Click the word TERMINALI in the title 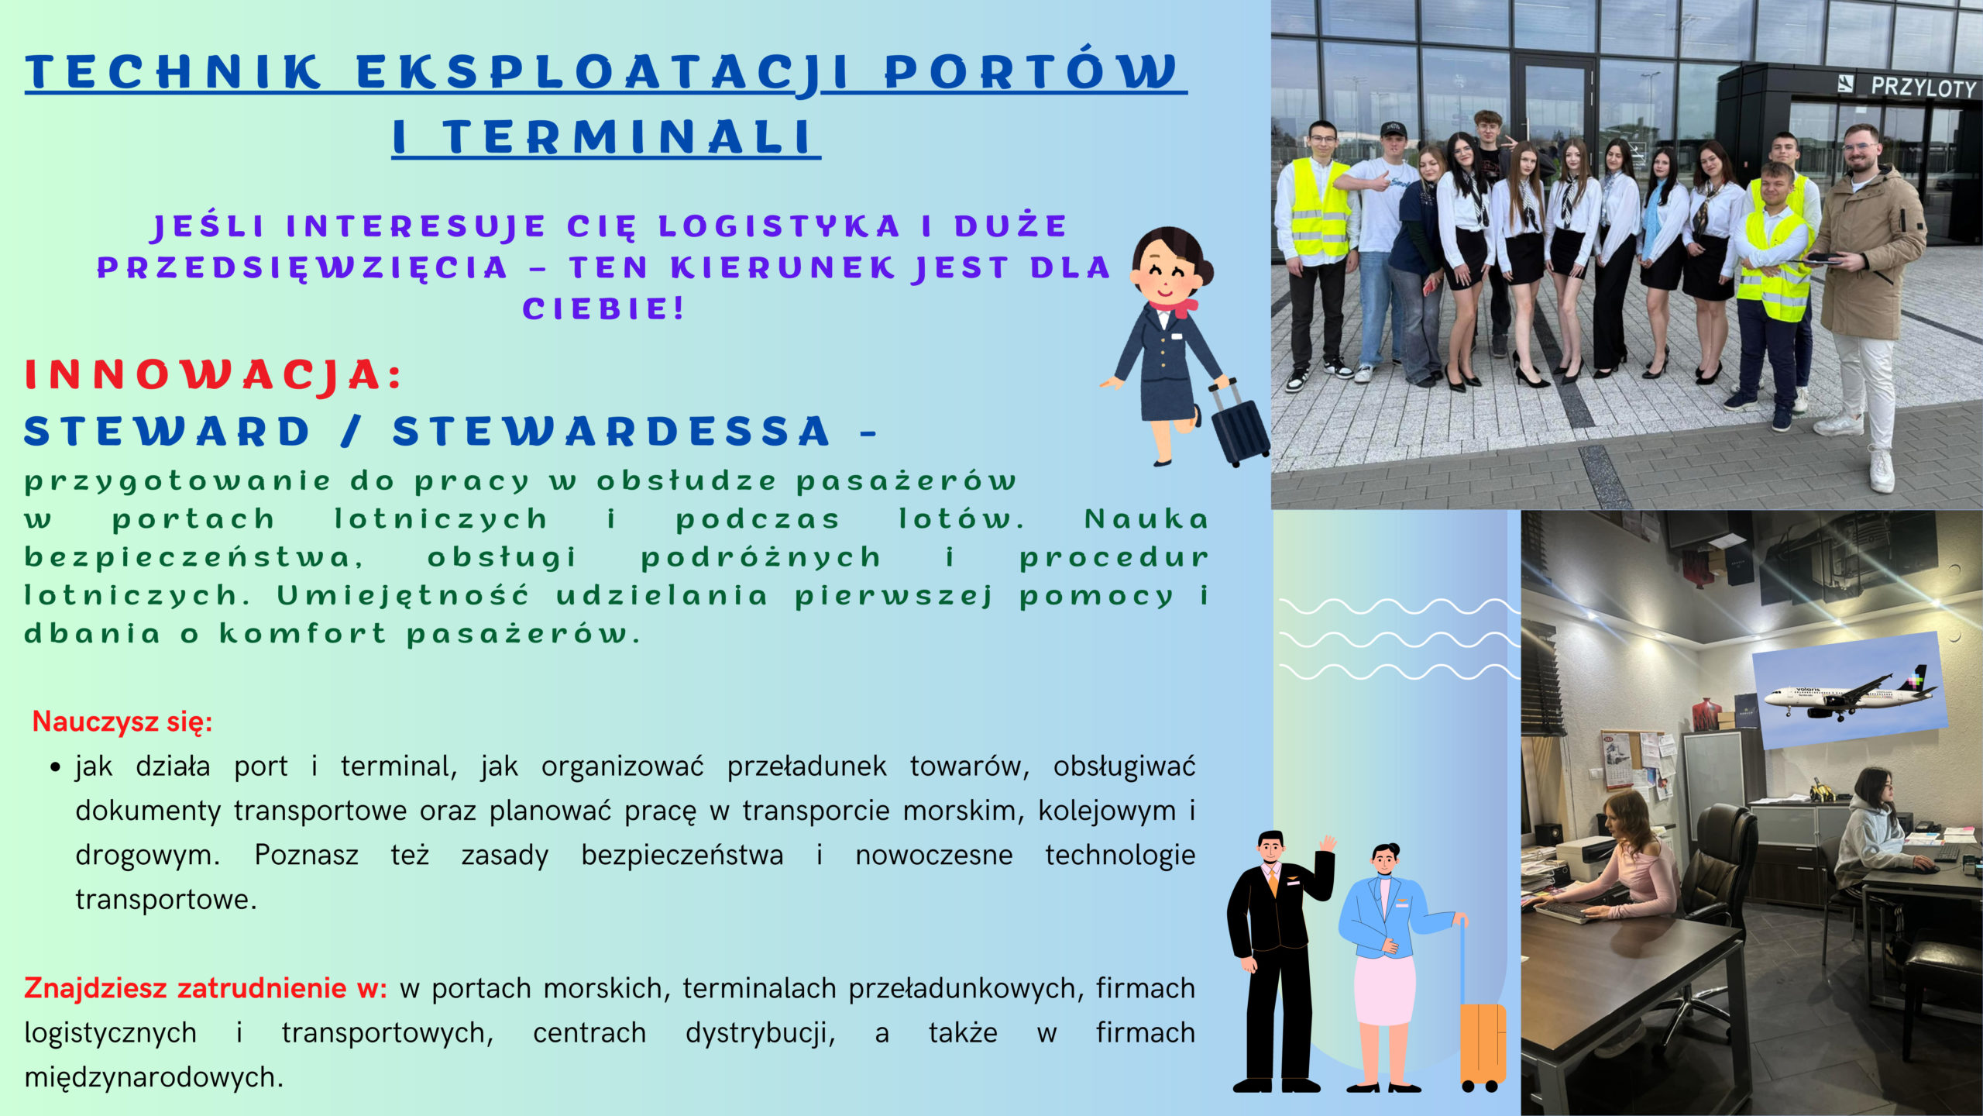click(x=628, y=137)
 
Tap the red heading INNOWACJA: click(x=213, y=375)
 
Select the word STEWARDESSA click(x=611, y=432)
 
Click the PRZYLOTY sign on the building click(x=1924, y=87)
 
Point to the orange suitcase click(x=1481, y=1043)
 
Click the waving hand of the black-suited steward click(x=1328, y=843)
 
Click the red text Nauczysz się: click(x=122, y=722)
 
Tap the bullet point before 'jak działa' click(x=55, y=767)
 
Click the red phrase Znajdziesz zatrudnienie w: click(x=205, y=988)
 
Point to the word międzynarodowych click(x=154, y=1077)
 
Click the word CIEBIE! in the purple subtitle click(x=603, y=308)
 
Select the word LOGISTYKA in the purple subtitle click(x=778, y=226)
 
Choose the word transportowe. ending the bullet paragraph click(x=166, y=900)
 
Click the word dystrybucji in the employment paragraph click(x=761, y=1033)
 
